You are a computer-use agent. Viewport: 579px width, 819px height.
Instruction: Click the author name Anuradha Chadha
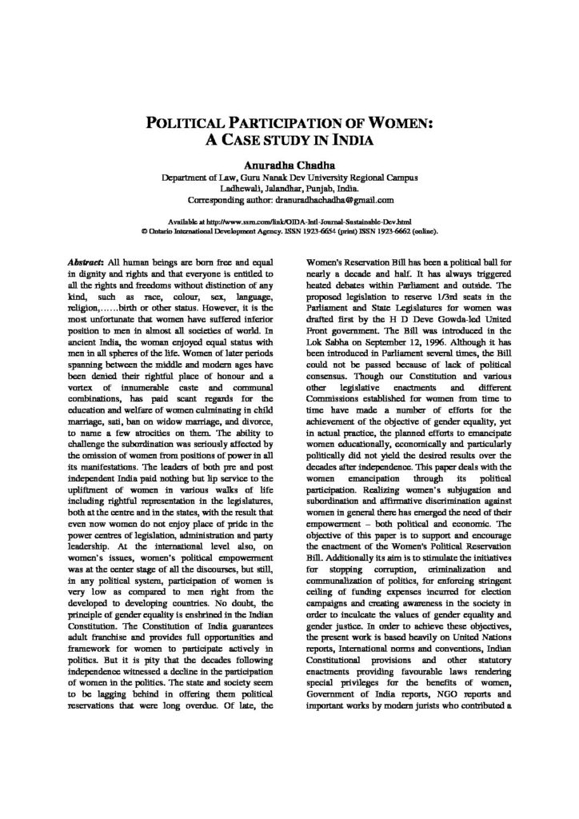tap(289, 162)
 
